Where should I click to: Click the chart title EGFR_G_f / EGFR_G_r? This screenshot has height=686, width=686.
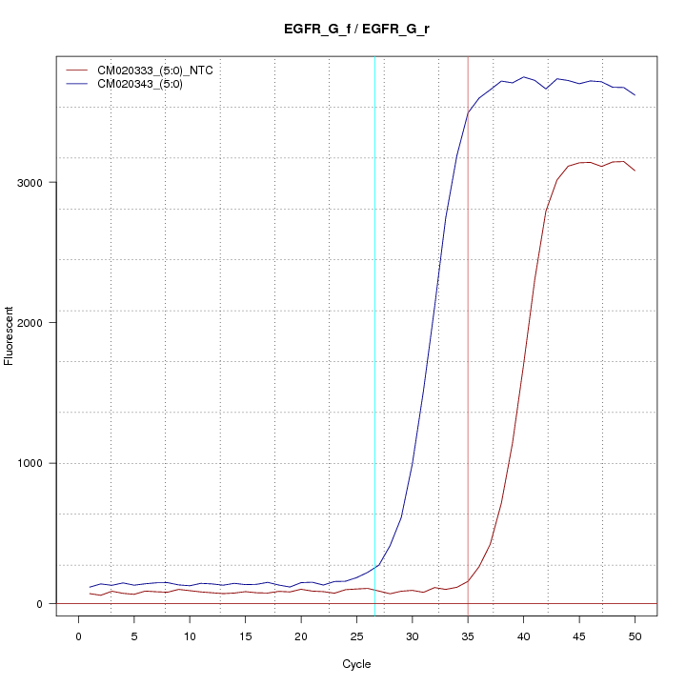[356, 30]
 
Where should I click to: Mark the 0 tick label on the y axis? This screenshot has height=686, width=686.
[40, 603]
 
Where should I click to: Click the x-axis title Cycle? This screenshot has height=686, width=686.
[356, 664]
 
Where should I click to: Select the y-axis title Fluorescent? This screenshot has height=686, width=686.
[10, 335]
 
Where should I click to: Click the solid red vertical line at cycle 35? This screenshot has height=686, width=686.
[468, 381]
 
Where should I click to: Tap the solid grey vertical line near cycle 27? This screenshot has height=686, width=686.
[374, 381]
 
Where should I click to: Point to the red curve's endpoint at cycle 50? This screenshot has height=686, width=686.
[635, 171]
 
